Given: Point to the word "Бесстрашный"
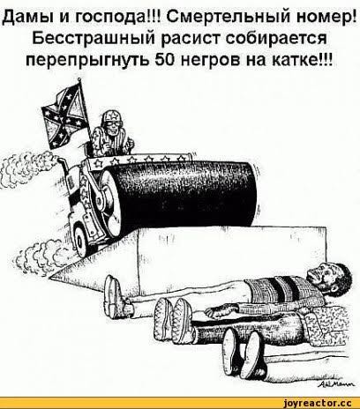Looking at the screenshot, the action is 94,38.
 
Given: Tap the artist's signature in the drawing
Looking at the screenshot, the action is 337,385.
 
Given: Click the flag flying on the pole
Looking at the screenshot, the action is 65,115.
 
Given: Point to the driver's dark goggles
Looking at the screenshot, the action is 112,123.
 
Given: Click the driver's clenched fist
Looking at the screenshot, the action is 130,145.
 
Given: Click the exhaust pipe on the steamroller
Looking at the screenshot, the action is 64,165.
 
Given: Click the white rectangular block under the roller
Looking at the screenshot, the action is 231,258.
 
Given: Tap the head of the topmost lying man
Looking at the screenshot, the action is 329,277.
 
